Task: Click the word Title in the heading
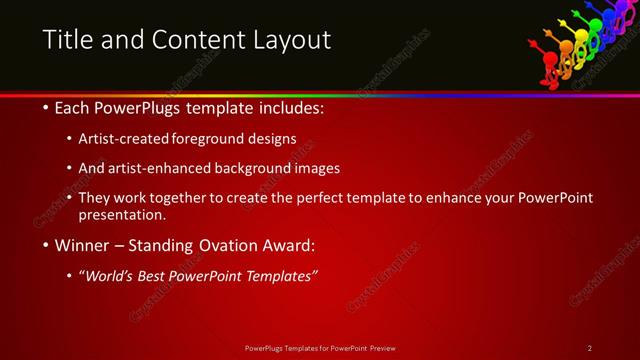66,40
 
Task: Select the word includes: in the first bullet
290,106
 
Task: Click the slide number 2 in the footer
590,348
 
